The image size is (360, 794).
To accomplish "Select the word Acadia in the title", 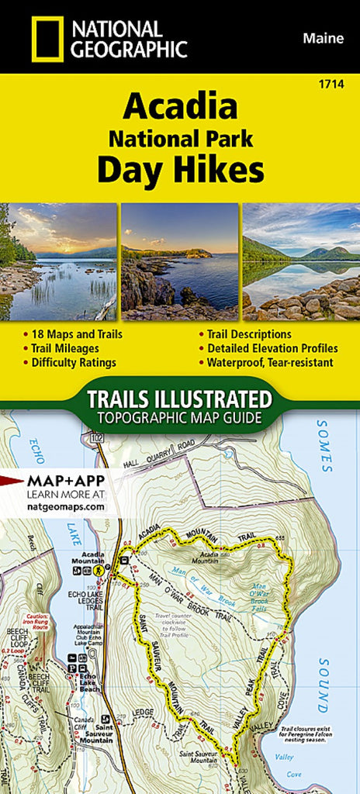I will point(180,105).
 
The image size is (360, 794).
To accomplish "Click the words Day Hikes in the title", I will point(180,171).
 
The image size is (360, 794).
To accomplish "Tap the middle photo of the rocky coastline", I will point(180,261).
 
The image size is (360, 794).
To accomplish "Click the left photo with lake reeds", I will point(58,261).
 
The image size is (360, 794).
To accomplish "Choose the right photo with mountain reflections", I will point(301,261).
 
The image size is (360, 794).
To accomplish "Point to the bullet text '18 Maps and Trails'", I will point(77,334).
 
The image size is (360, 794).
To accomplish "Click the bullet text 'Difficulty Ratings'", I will point(74,362).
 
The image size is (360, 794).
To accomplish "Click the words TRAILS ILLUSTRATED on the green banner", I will point(179,400).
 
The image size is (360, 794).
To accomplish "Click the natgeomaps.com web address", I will point(65,506).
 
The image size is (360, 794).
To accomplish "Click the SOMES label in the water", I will point(324,448).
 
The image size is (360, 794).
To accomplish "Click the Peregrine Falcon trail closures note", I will point(314,731).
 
